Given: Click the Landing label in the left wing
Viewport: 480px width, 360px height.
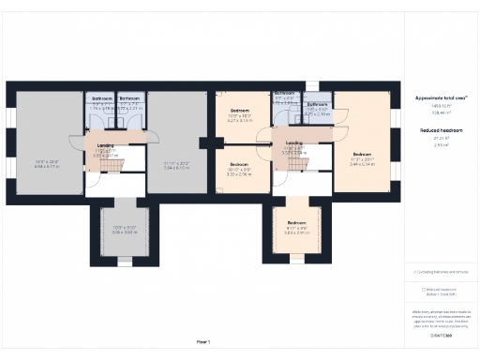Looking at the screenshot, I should [106, 144].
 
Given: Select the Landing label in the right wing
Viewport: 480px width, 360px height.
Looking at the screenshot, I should [293, 142].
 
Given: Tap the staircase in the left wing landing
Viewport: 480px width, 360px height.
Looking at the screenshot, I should [112, 165].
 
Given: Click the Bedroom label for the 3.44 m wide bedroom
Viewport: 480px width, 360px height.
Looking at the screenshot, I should [362, 154].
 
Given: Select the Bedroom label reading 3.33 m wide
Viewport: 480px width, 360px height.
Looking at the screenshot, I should [241, 163].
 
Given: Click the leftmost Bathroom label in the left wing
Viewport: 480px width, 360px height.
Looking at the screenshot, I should [100, 98].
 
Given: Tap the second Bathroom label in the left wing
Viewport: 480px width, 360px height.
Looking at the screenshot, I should [129, 98].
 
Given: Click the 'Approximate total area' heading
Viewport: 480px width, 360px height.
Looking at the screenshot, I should [441, 97].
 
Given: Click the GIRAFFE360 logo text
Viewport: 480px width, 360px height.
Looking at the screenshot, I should [441, 335].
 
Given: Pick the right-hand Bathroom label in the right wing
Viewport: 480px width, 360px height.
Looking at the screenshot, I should [317, 104].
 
